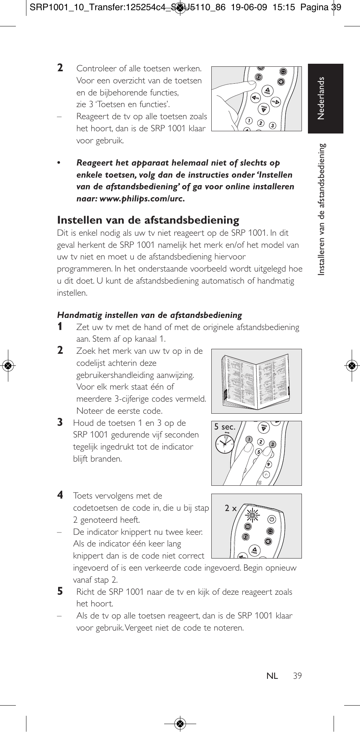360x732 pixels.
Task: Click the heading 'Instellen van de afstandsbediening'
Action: coord(148,220)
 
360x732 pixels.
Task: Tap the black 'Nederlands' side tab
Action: coord(325,98)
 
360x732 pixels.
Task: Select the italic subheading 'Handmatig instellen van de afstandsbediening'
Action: coord(149,315)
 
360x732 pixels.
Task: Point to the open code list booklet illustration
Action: coord(256,381)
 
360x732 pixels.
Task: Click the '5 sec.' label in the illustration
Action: coord(225,427)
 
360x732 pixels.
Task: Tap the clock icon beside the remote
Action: coord(225,444)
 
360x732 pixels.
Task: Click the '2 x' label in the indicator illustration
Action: coord(231,508)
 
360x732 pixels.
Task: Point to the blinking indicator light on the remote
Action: coord(252,515)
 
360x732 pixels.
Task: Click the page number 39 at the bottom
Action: coord(297,676)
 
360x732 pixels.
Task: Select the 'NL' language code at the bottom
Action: coord(272,676)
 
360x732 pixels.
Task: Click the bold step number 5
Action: coord(60,591)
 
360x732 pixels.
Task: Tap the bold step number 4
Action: coord(60,495)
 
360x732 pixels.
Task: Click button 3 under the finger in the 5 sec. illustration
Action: coord(272,445)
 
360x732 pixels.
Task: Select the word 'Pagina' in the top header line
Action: coord(314,7)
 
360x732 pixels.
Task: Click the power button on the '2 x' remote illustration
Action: coord(272,519)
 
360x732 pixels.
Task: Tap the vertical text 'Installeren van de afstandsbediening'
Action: coord(322,209)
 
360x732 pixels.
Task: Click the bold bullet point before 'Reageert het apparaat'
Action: coord(59,163)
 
